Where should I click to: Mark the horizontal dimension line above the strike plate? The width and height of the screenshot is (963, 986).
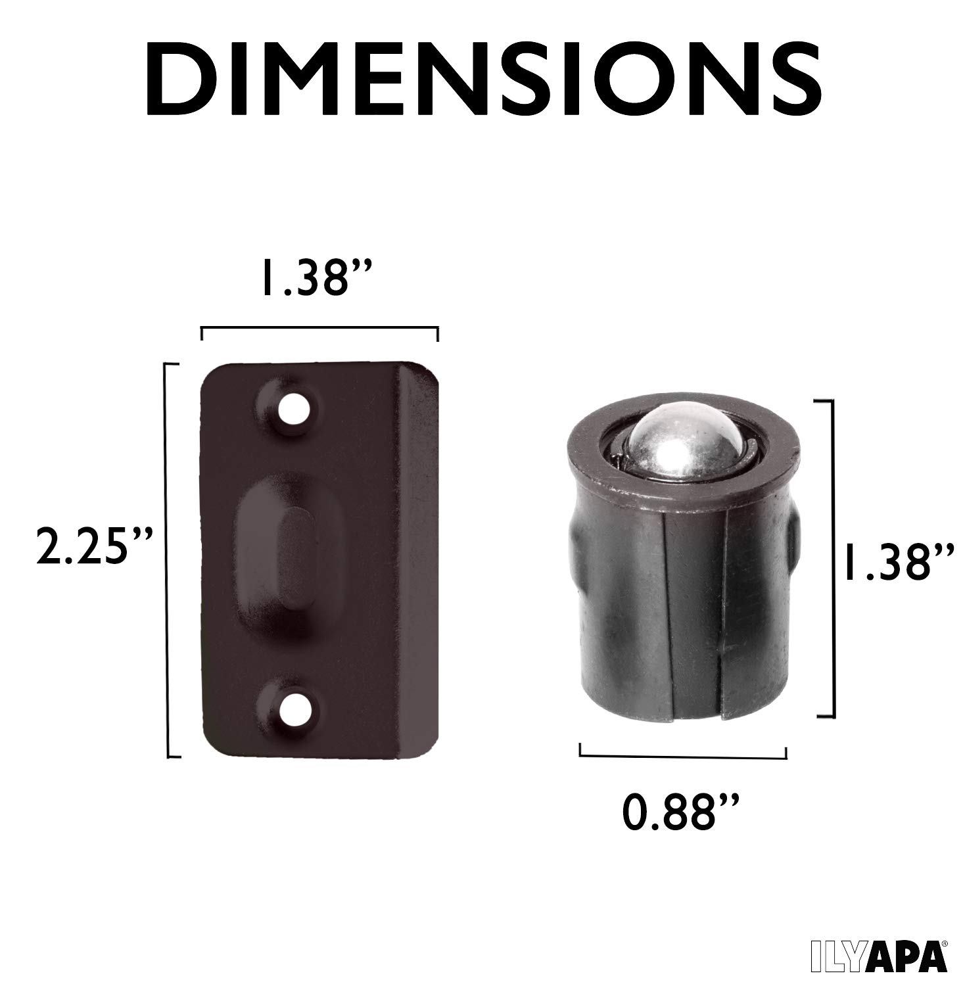[319, 327]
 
